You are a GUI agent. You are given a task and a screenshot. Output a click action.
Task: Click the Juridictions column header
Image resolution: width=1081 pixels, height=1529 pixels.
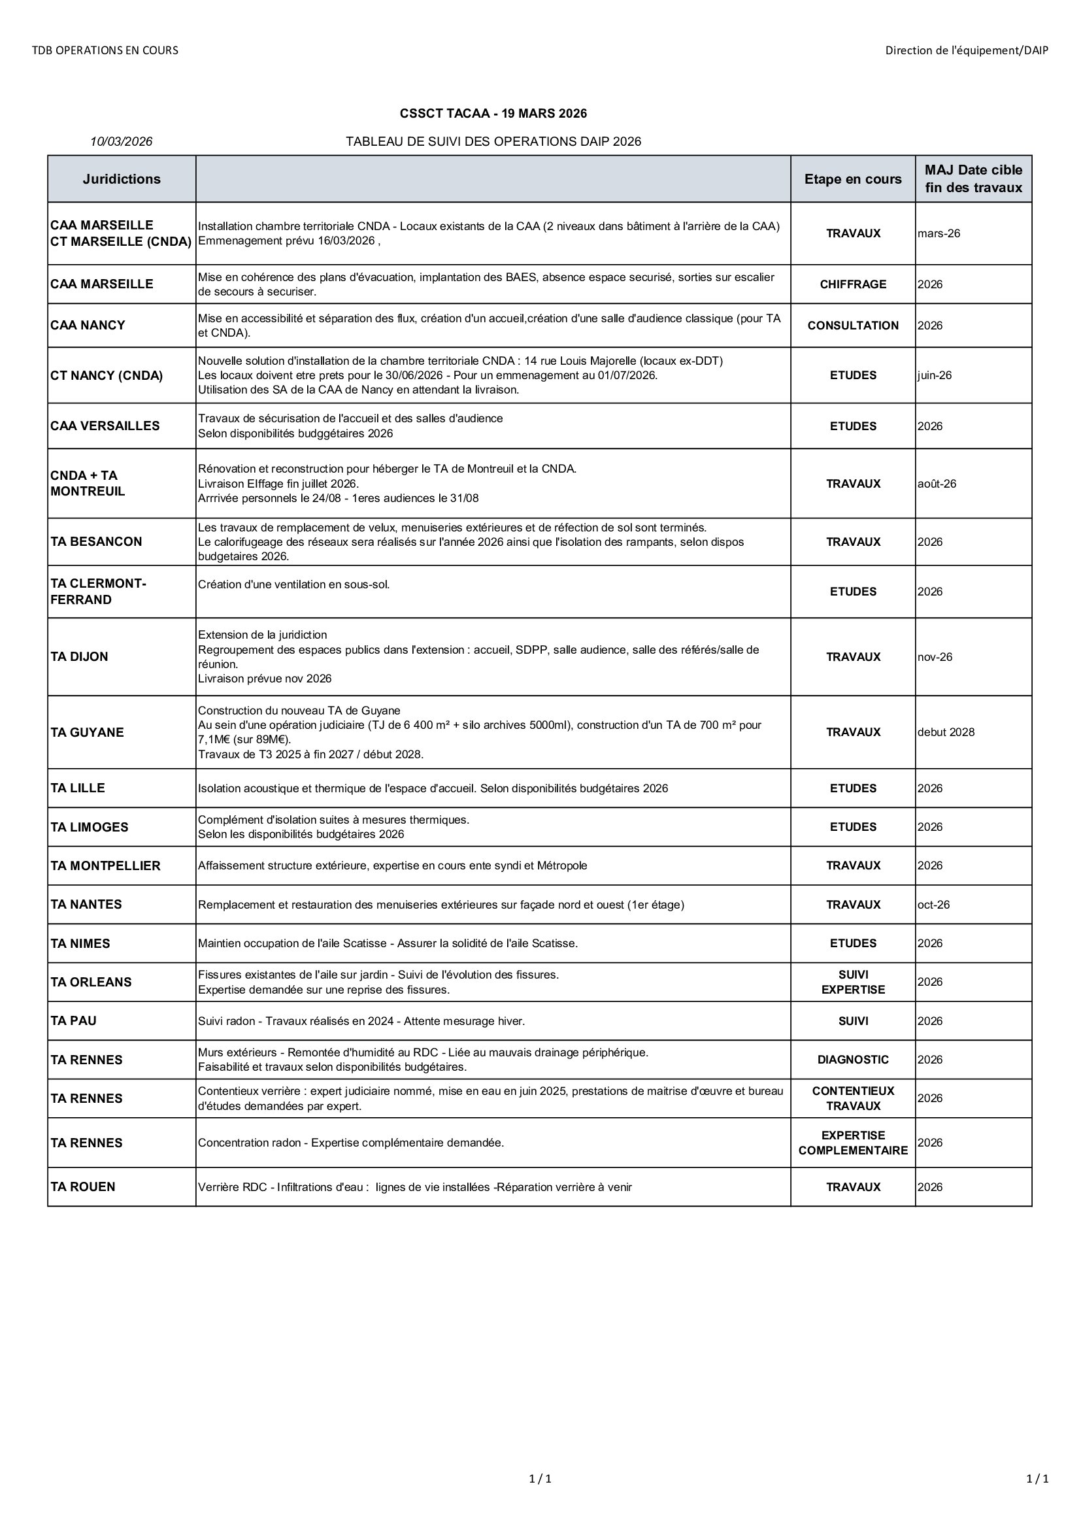[x=121, y=179]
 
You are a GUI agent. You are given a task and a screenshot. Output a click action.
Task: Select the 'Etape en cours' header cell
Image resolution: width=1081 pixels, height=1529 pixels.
[x=853, y=179]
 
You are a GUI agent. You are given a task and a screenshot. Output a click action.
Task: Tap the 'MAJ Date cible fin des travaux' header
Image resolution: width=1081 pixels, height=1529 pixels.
[x=973, y=179]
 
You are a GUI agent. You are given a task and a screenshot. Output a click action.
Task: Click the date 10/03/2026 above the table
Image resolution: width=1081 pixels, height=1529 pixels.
[x=121, y=141]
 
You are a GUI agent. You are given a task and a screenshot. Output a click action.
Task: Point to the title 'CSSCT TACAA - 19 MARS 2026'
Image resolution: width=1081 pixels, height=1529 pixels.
[x=493, y=114]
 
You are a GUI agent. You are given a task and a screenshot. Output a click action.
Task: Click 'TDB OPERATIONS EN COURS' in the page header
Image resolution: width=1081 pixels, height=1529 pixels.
[x=105, y=50]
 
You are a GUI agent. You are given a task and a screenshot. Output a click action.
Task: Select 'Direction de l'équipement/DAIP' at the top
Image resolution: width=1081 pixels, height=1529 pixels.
[x=967, y=50]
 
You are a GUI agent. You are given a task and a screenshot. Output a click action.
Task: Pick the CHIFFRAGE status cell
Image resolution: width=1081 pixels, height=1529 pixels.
[x=853, y=284]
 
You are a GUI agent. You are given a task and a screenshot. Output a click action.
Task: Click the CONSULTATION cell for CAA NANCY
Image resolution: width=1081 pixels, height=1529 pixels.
[x=853, y=326]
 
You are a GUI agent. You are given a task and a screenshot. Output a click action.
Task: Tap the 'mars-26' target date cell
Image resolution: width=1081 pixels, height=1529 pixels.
[x=939, y=234]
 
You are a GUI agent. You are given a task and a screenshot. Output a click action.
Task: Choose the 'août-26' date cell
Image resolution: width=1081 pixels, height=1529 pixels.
[x=937, y=484]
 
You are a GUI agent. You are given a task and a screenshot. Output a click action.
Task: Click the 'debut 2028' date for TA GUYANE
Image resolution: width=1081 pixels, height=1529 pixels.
[x=946, y=733]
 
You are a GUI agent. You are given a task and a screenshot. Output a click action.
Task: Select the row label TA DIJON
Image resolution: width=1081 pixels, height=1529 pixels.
[x=79, y=656]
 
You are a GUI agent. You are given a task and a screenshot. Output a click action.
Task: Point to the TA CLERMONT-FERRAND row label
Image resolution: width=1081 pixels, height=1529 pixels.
[x=99, y=592]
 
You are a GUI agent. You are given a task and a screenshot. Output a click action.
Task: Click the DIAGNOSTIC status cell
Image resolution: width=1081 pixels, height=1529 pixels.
[x=853, y=1060]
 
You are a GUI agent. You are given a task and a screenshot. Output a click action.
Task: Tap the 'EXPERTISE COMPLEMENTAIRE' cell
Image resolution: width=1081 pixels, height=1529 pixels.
[x=853, y=1143]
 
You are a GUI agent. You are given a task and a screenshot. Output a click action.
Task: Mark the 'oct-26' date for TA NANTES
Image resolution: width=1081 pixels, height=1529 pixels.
[x=933, y=905]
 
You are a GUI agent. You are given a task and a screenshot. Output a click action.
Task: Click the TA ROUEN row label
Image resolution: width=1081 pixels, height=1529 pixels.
[x=82, y=1186]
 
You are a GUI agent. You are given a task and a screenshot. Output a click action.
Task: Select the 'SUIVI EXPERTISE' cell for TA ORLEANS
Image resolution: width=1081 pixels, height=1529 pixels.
[x=853, y=983]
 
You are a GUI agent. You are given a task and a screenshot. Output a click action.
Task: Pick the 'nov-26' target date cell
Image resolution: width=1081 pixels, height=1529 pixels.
[x=935, y=657]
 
